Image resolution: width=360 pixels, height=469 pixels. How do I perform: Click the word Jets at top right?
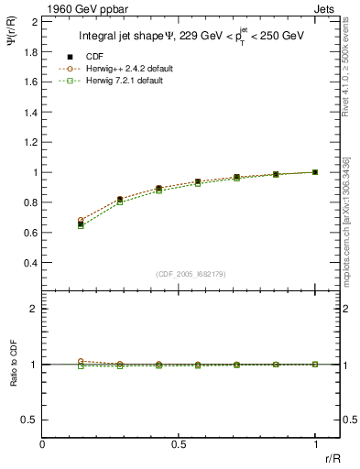(326, 9)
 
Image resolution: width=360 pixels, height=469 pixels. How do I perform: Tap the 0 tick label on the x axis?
(43, 443)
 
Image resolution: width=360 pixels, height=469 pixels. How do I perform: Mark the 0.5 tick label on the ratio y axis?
(30, 420)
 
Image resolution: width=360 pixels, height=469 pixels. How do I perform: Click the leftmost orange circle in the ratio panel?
(81, 362)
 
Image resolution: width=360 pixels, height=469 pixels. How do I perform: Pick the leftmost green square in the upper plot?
(81, 225)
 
